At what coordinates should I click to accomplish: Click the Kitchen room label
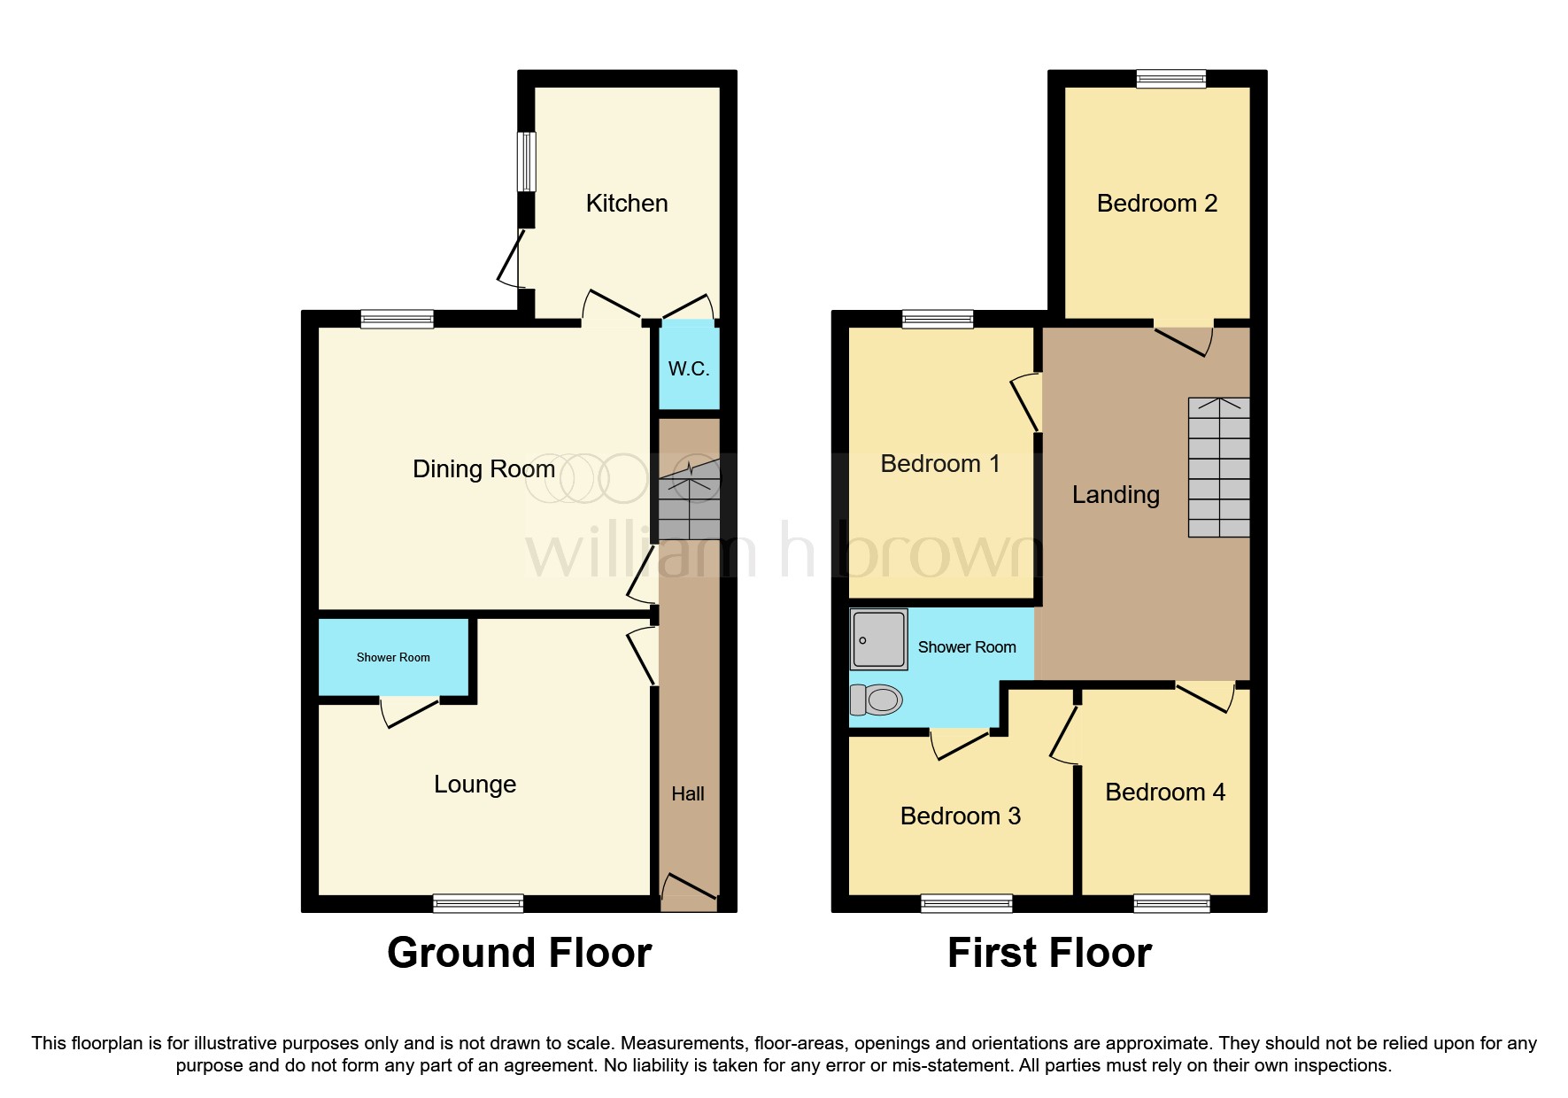(x=627, y=204)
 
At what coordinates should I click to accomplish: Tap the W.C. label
(x=689, y=368)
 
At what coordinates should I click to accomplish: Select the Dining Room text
(x=483, y=469)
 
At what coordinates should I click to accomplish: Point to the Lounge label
(x=475, y=785)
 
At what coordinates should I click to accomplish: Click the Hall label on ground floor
(x=688, y=794)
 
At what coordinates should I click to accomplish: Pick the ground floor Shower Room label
(x=393, y=657)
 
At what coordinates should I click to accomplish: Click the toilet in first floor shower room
(x=876, y=700)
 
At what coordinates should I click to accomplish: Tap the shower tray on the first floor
(x=879, y=639)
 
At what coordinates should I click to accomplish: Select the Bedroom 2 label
(x=1157, y=204)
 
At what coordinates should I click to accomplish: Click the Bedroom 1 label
(x=940, y=464)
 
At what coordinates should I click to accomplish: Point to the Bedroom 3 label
(x=961, y=816)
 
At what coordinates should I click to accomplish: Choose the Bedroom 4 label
(x=1165, y=793)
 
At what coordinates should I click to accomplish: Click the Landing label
(x=1116, y=495)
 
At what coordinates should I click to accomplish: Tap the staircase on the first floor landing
(x=1219, y=468)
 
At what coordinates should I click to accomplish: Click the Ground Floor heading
(x=520, y=954)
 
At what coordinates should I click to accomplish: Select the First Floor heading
(x=1049, y=954)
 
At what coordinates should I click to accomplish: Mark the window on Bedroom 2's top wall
(x=1171, y=79)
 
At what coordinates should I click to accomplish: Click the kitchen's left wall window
(x=527, y=161)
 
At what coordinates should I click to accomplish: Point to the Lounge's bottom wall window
(x=478, y=904)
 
